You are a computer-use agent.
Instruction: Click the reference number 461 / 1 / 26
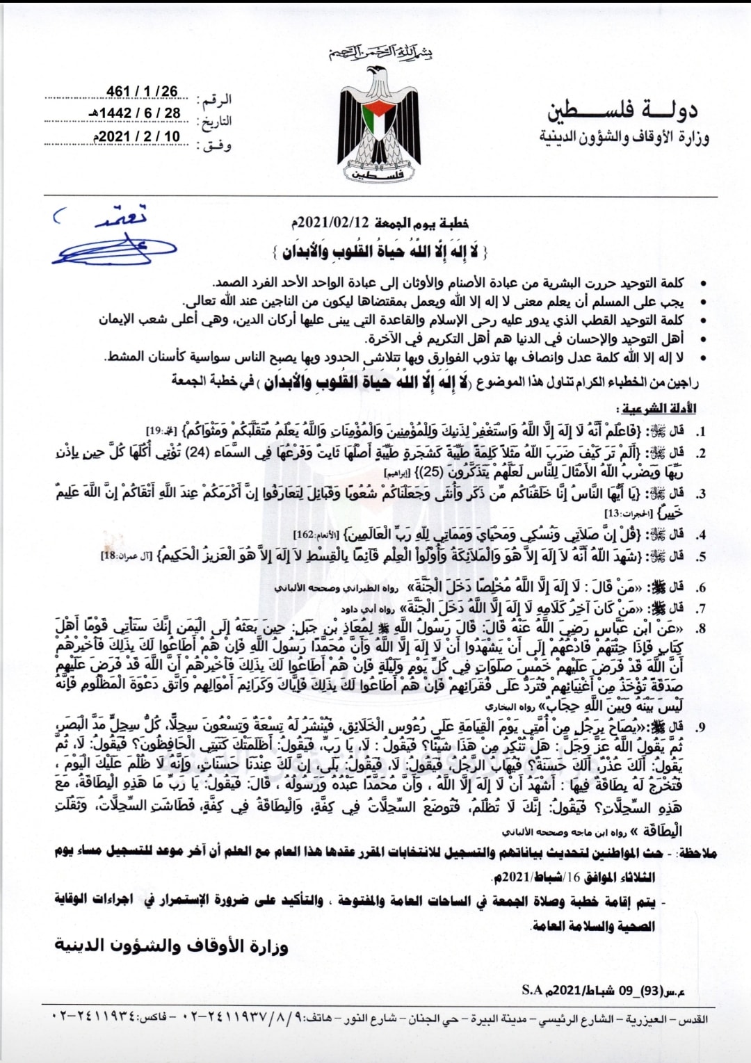point(142,92)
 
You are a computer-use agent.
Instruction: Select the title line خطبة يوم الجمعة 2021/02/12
point(380,222)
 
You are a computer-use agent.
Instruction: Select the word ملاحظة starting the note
point(697,853)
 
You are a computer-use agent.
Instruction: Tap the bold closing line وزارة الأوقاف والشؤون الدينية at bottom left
point(171,946)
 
